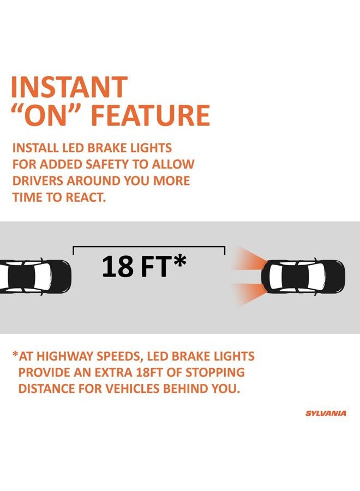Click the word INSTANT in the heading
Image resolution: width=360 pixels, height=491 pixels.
(x=69, y=87)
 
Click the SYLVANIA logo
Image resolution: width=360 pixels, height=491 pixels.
(x=326, y=414)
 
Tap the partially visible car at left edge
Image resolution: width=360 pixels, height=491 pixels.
(x=35, y=276)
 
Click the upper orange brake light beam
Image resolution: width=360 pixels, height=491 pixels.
(x=249, y=260)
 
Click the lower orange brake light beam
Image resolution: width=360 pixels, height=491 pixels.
(x=249, y=293)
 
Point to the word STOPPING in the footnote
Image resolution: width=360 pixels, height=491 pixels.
(x=215, y=372)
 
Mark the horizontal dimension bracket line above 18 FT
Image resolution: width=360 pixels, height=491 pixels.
(x=149, y=247)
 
